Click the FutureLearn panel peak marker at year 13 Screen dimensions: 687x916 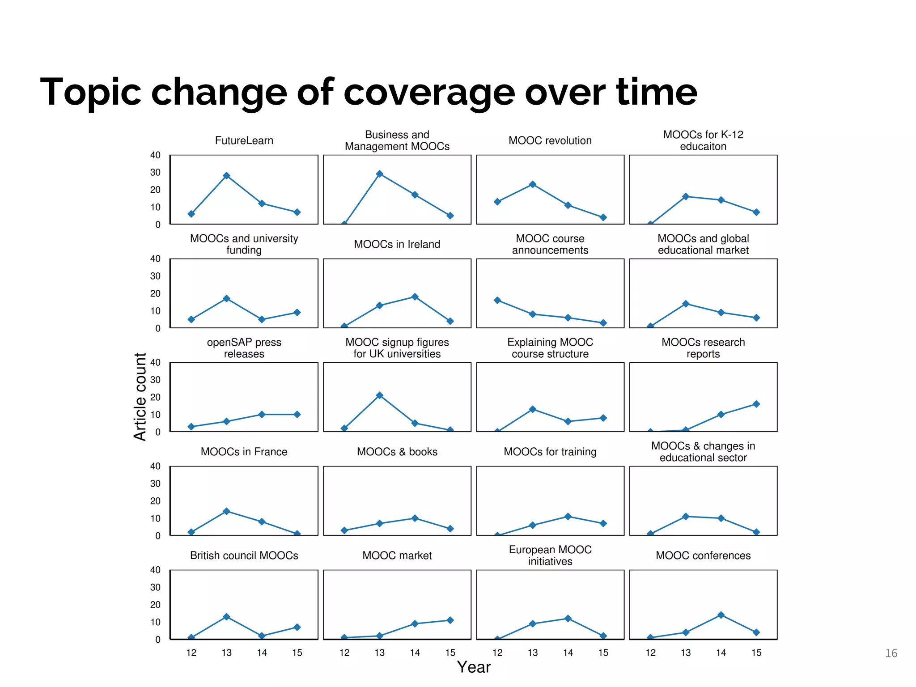click(x=226, y=176)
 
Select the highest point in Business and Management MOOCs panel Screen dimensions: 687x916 click(x=379, y=174)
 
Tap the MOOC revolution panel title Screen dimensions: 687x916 click(x=550, y=140)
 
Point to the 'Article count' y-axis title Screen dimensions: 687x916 click(x=140, y=396)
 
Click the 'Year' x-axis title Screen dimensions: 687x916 click(x=474, y=667)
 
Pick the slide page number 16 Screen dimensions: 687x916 click(x=891, y=653)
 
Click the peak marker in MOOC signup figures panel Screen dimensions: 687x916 click(x=379, y=395)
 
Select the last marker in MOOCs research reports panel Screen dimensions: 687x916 click(x=756, y=404)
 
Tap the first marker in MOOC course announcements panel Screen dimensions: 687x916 click(x=497, y=301)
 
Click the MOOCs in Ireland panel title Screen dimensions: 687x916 click(x=397, y=244)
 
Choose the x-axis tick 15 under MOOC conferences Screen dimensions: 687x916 click(x=756, y=653)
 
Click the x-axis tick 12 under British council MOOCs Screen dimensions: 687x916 click(x=191, y=653)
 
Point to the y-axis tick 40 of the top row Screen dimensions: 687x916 click(x=155, y=155)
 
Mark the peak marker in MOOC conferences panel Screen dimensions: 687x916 click(x=721, y=615)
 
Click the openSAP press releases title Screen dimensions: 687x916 click(x=244, y=348)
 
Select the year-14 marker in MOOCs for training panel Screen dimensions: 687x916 click(x=568, y=517)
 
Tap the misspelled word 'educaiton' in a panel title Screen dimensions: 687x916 click(x=703, y=147)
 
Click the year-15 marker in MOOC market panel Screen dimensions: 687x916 click(x=450, y=620)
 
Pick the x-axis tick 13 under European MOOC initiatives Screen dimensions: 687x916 click(x=532, y=653)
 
